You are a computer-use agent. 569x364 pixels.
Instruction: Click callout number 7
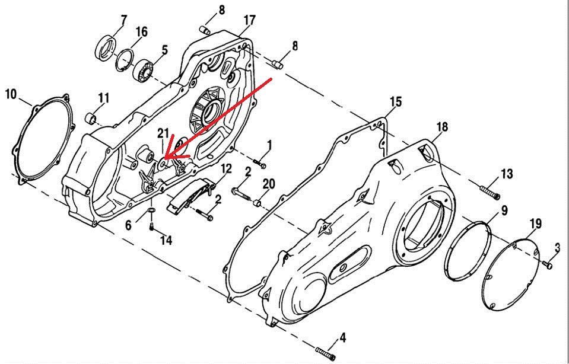tap(123, 20)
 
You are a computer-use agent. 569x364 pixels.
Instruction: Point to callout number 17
tap(249, 21)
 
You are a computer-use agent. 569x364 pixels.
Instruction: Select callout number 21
tap(163, 133)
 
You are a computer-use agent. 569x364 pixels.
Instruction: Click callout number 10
tap(10, 93)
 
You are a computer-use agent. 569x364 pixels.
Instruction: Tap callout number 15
tap(396, 102)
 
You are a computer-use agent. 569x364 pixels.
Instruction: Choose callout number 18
tap(442, 126)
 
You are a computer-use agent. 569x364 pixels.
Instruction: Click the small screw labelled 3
tap(548, 265)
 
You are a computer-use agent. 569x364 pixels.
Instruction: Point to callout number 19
tap(535, 224)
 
